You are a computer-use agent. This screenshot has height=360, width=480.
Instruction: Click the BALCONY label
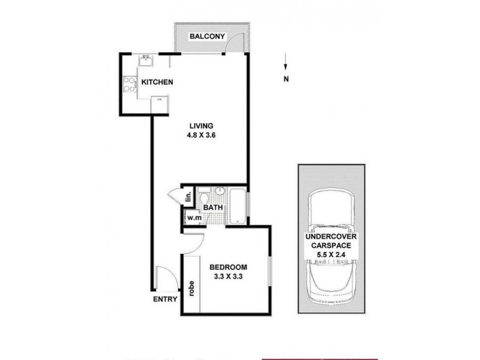207,37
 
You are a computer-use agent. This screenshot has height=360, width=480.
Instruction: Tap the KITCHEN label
157,83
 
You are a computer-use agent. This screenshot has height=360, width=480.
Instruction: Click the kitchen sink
146,61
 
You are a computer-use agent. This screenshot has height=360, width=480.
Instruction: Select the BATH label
213,208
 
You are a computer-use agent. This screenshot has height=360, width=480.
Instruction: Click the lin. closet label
188,196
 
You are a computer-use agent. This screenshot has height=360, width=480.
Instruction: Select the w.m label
193,218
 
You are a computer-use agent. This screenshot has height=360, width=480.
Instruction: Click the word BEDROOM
227,268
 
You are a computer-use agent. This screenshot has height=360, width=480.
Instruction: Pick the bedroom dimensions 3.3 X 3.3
227,277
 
